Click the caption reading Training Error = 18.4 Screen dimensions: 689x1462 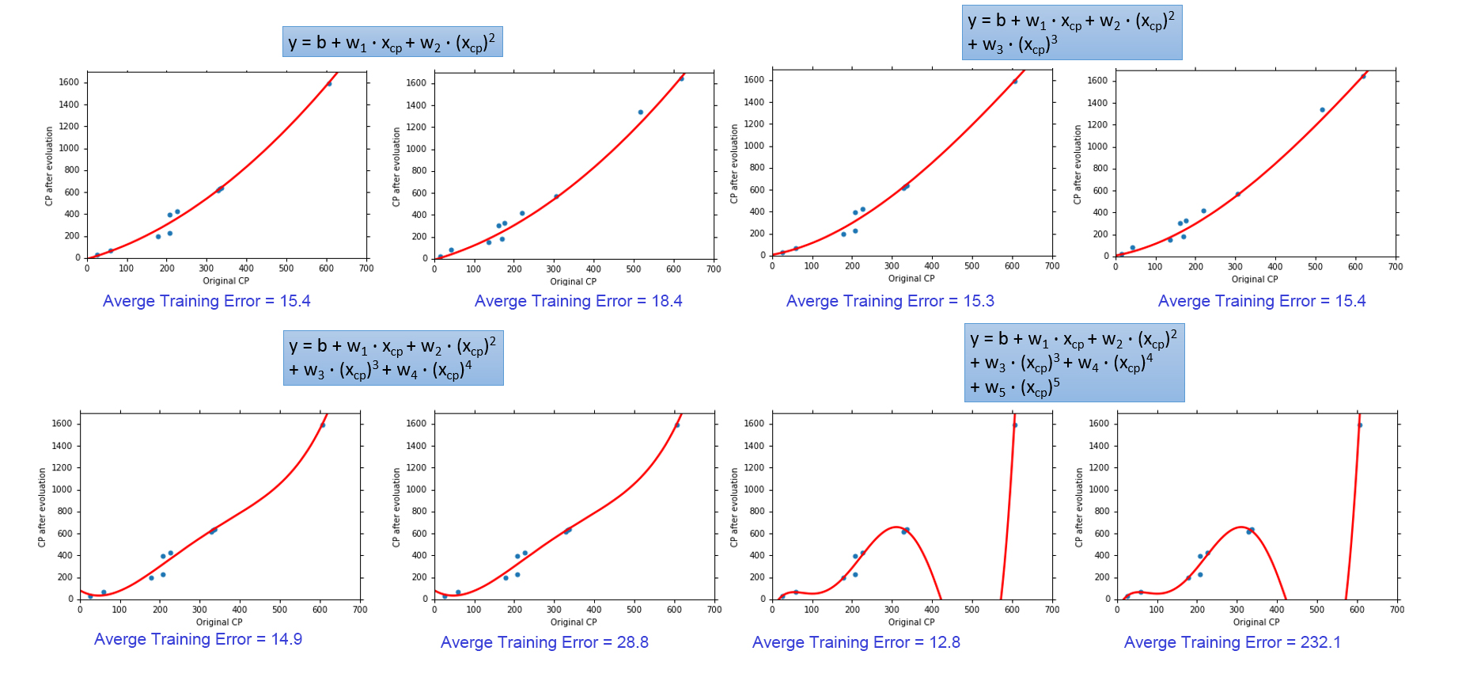(x=578, y=301)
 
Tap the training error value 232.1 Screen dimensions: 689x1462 (x=1320, y=642)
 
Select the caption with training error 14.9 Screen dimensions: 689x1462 (x=198, y=639)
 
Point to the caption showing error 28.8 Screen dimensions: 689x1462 (x=544, y=642)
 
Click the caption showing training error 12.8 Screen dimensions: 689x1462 (x=856, y=642)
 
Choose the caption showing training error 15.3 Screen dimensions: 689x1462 (x=890, y=301)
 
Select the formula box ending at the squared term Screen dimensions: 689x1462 (x=392, y=42)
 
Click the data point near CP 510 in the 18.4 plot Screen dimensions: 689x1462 (x=641, y=112)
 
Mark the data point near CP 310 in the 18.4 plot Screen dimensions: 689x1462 (x=556, y=196)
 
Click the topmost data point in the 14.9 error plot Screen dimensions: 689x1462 (x=323, y=425)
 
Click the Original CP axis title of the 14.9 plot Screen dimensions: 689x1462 (x=219, y=622)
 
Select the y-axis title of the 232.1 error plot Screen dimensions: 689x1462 (x=1079, y=507)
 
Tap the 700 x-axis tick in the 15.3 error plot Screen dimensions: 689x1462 (x=1052, y=266)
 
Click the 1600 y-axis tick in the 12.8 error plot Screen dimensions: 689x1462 (x=754, y=424)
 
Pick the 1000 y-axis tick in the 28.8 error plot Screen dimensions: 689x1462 (x=416, y=489)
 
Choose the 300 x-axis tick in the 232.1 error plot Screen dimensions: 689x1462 (x=1237, y=610)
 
